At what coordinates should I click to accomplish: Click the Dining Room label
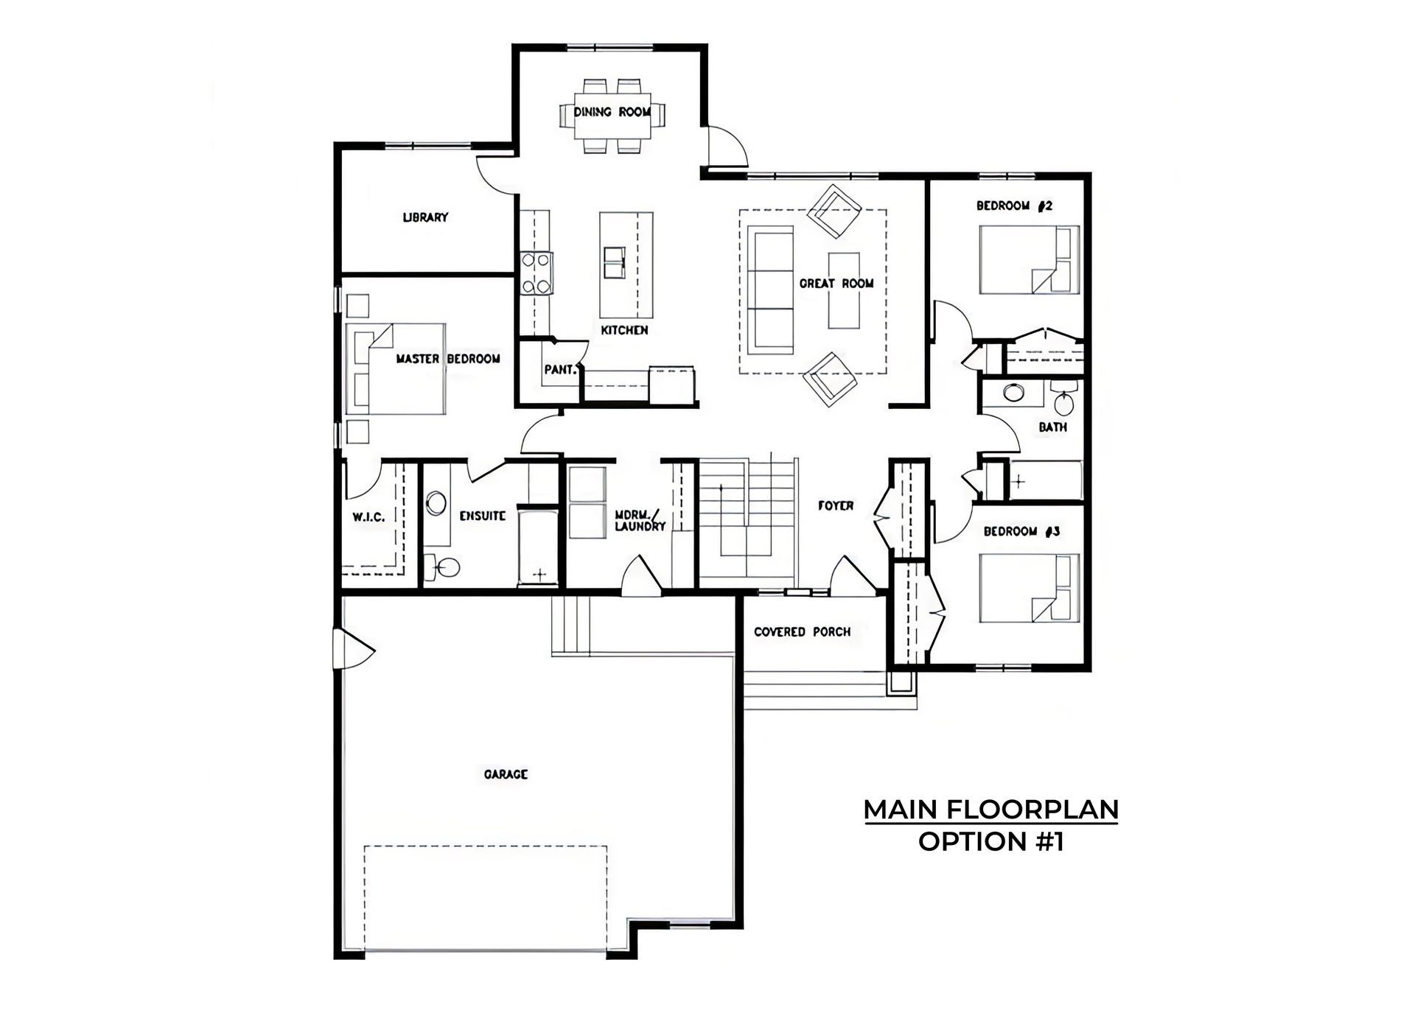612,112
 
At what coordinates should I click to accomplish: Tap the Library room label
425,217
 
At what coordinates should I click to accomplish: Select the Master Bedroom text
448,359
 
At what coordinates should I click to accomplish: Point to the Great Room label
836,283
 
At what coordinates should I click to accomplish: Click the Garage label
506,774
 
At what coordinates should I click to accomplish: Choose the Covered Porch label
802,632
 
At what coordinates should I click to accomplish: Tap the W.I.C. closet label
368,517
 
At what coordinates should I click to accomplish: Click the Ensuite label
482,516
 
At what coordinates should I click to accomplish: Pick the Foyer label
836,505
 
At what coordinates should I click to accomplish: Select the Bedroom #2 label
1015,206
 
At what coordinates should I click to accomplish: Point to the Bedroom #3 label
1022,531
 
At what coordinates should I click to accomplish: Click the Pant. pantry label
560,370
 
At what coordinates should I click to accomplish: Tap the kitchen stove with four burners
536,273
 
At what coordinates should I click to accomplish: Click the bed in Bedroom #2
1030,260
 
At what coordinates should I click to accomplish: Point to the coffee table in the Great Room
844,290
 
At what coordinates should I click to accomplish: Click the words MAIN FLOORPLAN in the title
991,810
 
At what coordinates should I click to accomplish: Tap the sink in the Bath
1014,392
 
